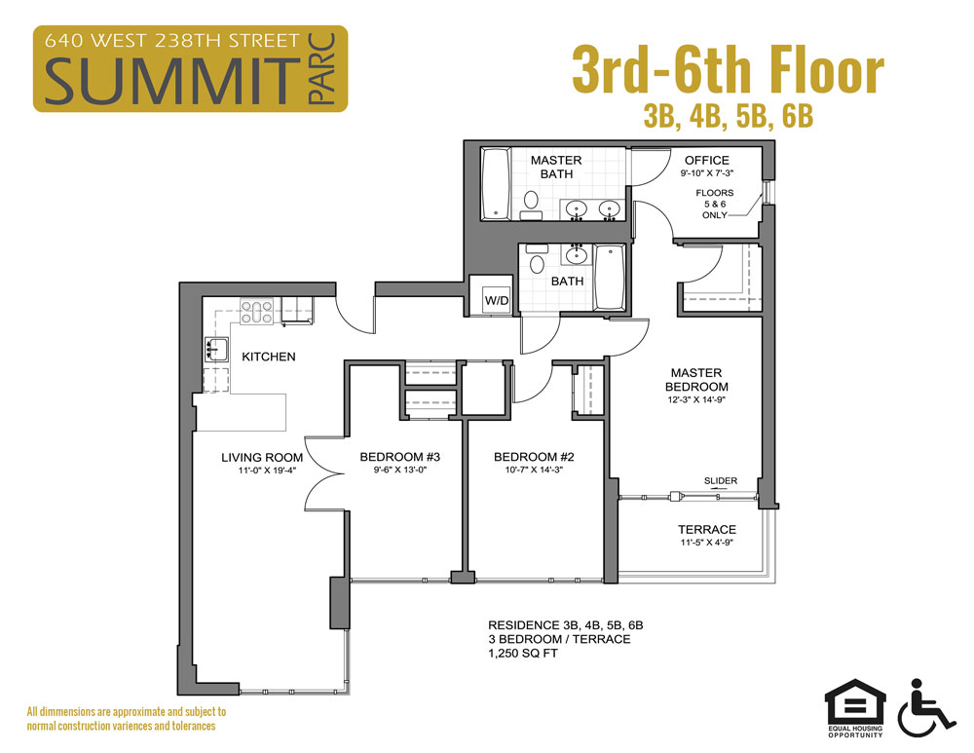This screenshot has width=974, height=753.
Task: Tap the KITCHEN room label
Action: pyautogui.click(x=268, y=357)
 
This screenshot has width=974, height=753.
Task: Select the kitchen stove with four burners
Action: pyautogui.click(x=256, y=312)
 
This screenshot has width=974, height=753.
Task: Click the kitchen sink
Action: pyautogui.click(x=214, y=348)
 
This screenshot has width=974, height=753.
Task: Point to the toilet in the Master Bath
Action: pyautogui.click(x=531, y=202)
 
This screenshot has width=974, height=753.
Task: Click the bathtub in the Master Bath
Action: pyautogui.click(x=496, y=184)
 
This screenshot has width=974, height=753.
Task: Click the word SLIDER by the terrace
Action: pyautogui.click(x=722, y=481)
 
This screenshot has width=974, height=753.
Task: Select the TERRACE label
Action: pyautogui.click(x=706, y=530)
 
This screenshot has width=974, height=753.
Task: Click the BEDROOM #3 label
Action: pyautogui.click(x=400, y=457)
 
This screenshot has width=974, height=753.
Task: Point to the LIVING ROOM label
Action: pyautogui.click(x=261, y=457)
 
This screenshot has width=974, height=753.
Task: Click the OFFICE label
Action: pyautogui.click(x=706, y=161)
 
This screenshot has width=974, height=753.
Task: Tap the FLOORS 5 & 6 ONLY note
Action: pyautogui.click(x=714, y=204)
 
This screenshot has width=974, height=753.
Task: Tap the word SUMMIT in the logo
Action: pyautogui.click(x=168, y=81)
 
